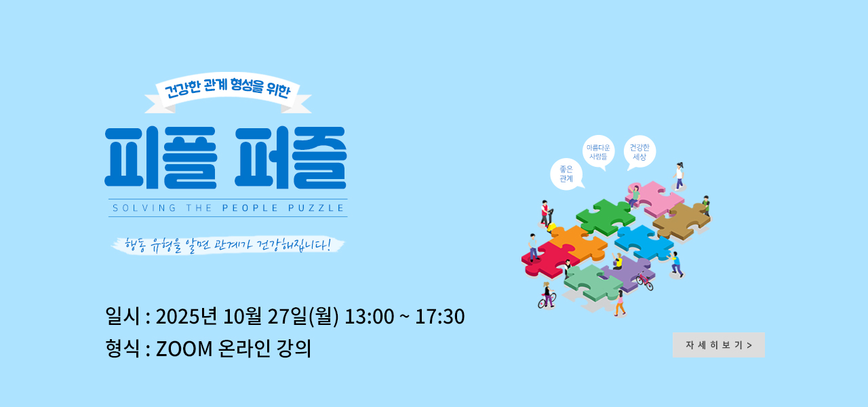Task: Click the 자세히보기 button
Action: pyautogui.click(x=718, y=345)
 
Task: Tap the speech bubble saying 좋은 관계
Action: pyautogui.click(x=566, y=174)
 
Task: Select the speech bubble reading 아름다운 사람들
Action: pyautogui.click(x=598, y=152)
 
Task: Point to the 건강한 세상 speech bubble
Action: pyautogui.click(x=639, y=152)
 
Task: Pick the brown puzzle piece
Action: pyautogui.click(x=683, y=220)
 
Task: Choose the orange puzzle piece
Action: pyautogui.click(x=577, y=242)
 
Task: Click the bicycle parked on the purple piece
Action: pyautogui.click(x=644, y=281)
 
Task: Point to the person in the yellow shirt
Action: pyautogui.click(x=617, y=262)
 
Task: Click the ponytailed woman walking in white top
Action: pyautogui.click(x=679, y=176)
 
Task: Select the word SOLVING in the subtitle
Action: pyautogui.click(x=144, y=208)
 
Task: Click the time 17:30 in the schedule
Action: pyautogui.click(x=440, y=316)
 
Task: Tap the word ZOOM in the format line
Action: pyautogui.click(x=184, y=349)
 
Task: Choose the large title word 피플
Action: pyautogui.click(x=161, y=157)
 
